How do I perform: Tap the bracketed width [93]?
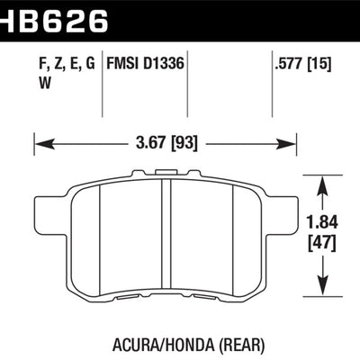point(185,142)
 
